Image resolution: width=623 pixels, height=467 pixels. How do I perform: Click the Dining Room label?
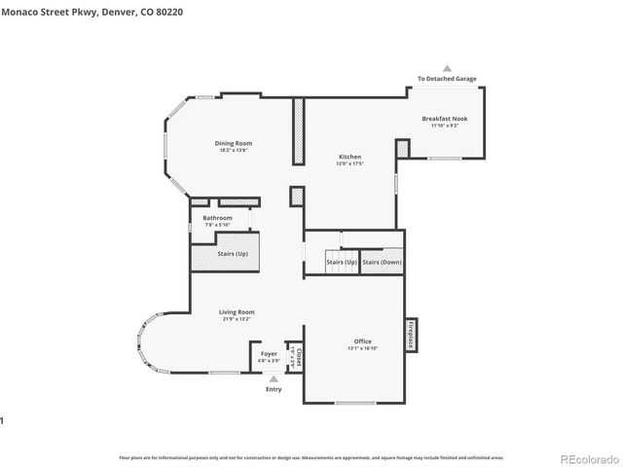point(233,143)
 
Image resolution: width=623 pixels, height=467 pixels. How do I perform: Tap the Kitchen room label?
point(349,157)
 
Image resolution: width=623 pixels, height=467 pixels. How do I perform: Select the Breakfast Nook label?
point(444,119)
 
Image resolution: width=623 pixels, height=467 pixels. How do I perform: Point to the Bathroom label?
point(217,218)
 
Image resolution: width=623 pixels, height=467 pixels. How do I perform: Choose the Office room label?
point(362,341)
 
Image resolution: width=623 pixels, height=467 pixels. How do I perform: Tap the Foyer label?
point(269,354)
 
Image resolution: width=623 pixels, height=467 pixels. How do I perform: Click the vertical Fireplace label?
point(411,335)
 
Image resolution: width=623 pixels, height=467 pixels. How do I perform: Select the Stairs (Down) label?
point(382,262)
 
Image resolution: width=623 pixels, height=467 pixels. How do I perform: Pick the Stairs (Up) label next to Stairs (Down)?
point(341,262)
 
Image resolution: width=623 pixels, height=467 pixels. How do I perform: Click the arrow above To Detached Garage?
point(447,68)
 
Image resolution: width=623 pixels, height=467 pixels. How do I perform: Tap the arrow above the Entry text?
point(274,378)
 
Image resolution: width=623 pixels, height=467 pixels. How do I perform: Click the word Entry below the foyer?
point(274,389)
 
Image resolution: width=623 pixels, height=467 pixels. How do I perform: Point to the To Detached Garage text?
point(447,79)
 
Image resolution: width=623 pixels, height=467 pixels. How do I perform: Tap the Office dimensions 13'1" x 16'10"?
point(362,348)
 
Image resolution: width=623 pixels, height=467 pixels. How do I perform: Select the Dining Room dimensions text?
point(233,150)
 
